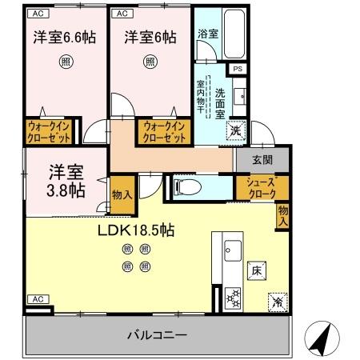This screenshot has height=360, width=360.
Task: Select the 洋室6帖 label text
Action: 150,37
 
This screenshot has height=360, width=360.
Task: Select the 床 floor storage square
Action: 257,270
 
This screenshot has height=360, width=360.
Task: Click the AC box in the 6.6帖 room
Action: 37,14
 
